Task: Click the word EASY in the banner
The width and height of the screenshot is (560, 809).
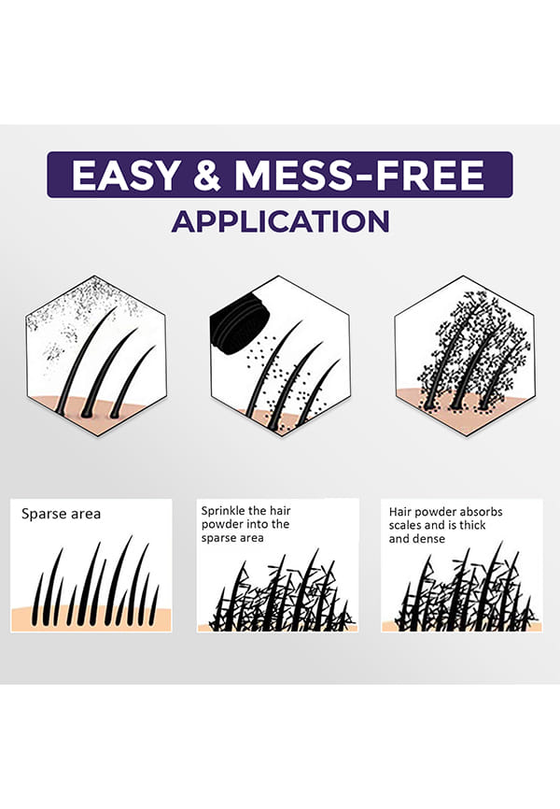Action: (126, 175)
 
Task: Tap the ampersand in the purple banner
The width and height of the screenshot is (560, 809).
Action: (208, 175)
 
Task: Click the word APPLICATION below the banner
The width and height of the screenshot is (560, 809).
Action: (280, 221)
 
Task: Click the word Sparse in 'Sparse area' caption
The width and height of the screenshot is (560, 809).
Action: (43, 515)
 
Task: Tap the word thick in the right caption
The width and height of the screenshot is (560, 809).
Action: (470, 525)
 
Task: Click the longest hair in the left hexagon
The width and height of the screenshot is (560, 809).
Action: (85, 362)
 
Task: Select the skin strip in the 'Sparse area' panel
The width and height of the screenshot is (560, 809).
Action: (91, 617)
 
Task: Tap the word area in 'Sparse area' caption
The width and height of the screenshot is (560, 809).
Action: (85, 515)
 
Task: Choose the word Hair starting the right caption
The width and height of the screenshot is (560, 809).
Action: (400, 512)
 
